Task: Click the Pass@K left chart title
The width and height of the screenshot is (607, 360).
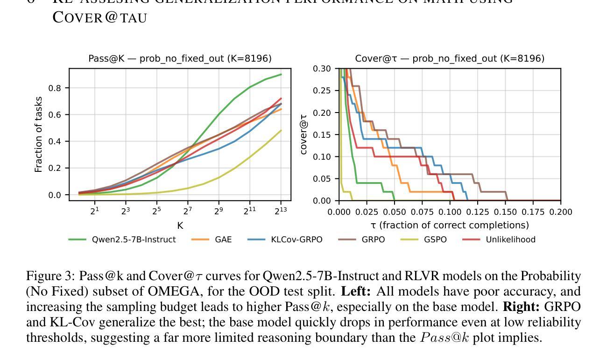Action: pyautogui.click(x=180, y=58)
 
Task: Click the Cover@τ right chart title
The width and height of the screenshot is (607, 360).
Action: pyautogui.click(x=449, y=58)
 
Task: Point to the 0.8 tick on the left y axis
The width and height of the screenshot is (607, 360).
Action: pyautogui.click(x=56, y=88)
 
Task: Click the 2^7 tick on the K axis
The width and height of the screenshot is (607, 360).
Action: pyautogui.click(x=188, y=211)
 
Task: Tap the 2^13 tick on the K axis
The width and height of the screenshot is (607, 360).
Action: pyautogui.click(x=281, y=211)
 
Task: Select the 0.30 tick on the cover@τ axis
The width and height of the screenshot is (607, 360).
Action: pyautogui.click(x=322, y=69)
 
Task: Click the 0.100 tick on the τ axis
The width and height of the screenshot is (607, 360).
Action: pyautogui.click(x=450, y=212)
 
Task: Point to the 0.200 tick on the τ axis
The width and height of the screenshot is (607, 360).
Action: pyautogui.click(x=560, y=212)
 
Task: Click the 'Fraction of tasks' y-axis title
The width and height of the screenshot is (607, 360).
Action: pyautogui.click(x=39, y=134)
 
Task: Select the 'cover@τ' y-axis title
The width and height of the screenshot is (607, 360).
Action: pyautogui.click(x=304, y=134)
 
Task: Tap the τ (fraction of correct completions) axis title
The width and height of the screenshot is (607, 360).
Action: pyautogui.click(x=449, y=225)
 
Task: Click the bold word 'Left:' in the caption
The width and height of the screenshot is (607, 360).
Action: pyautogui.click(x=356, y=291)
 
